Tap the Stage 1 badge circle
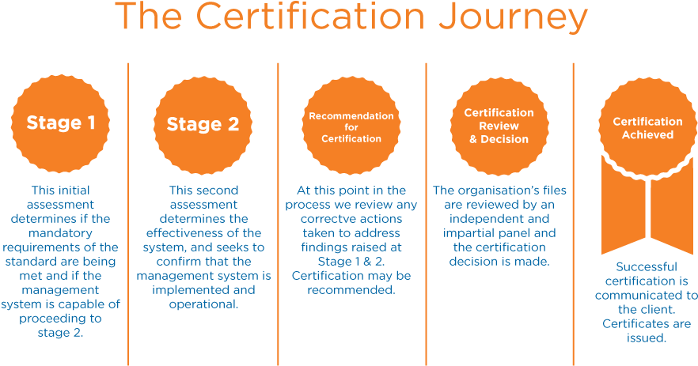[x=61, y=123]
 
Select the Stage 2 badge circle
[x=202, y=124]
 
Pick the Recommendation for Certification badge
[x=351, y=127]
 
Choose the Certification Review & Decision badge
[x=499, y=126]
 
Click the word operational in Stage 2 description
[x=204, y=304]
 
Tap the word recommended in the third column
[x=351, y=290]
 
